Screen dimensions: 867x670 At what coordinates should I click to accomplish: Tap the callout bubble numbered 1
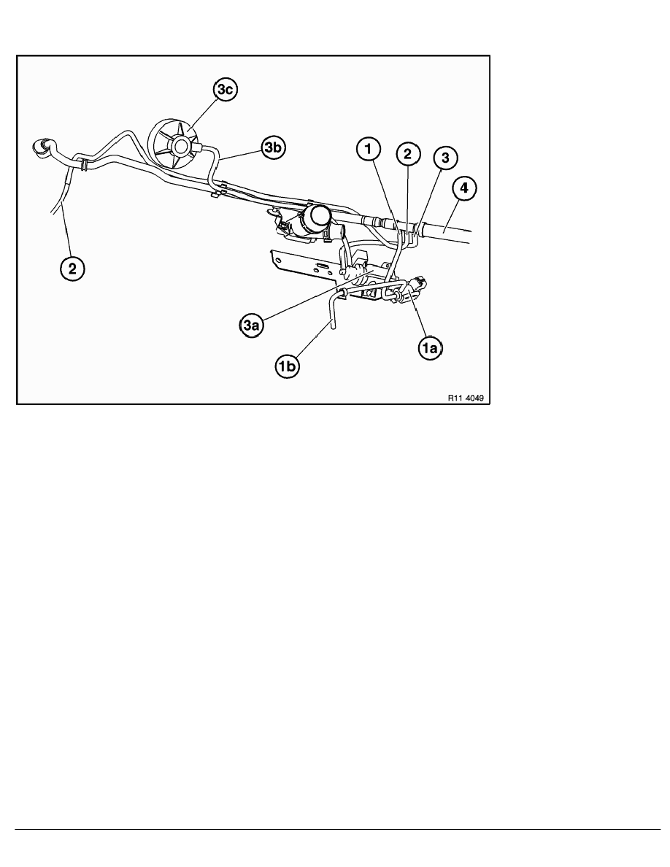click(369, 150)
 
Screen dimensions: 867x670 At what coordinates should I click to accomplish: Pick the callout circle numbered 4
click(465, 190)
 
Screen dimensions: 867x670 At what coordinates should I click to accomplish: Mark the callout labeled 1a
click(431, 350)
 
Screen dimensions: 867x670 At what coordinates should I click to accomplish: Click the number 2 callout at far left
click(72, 269)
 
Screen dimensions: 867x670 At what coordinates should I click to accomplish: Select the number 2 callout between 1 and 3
click(407, 154)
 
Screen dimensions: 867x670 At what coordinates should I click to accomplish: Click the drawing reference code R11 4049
click(466, 398)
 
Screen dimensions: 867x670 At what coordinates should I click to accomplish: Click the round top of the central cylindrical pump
click(319, 215)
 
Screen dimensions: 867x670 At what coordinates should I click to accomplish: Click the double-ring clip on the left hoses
click(83, 163)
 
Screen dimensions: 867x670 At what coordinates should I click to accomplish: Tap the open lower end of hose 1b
click(332, 328)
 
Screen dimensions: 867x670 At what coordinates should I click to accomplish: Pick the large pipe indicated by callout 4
click(449, 228)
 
